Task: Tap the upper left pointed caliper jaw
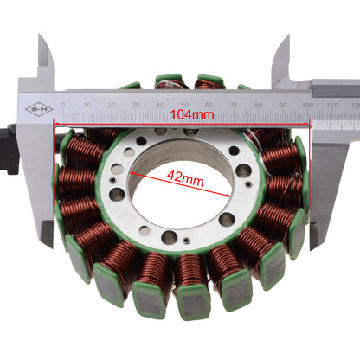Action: point(45,52)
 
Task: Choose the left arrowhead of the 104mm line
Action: point(58,122)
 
